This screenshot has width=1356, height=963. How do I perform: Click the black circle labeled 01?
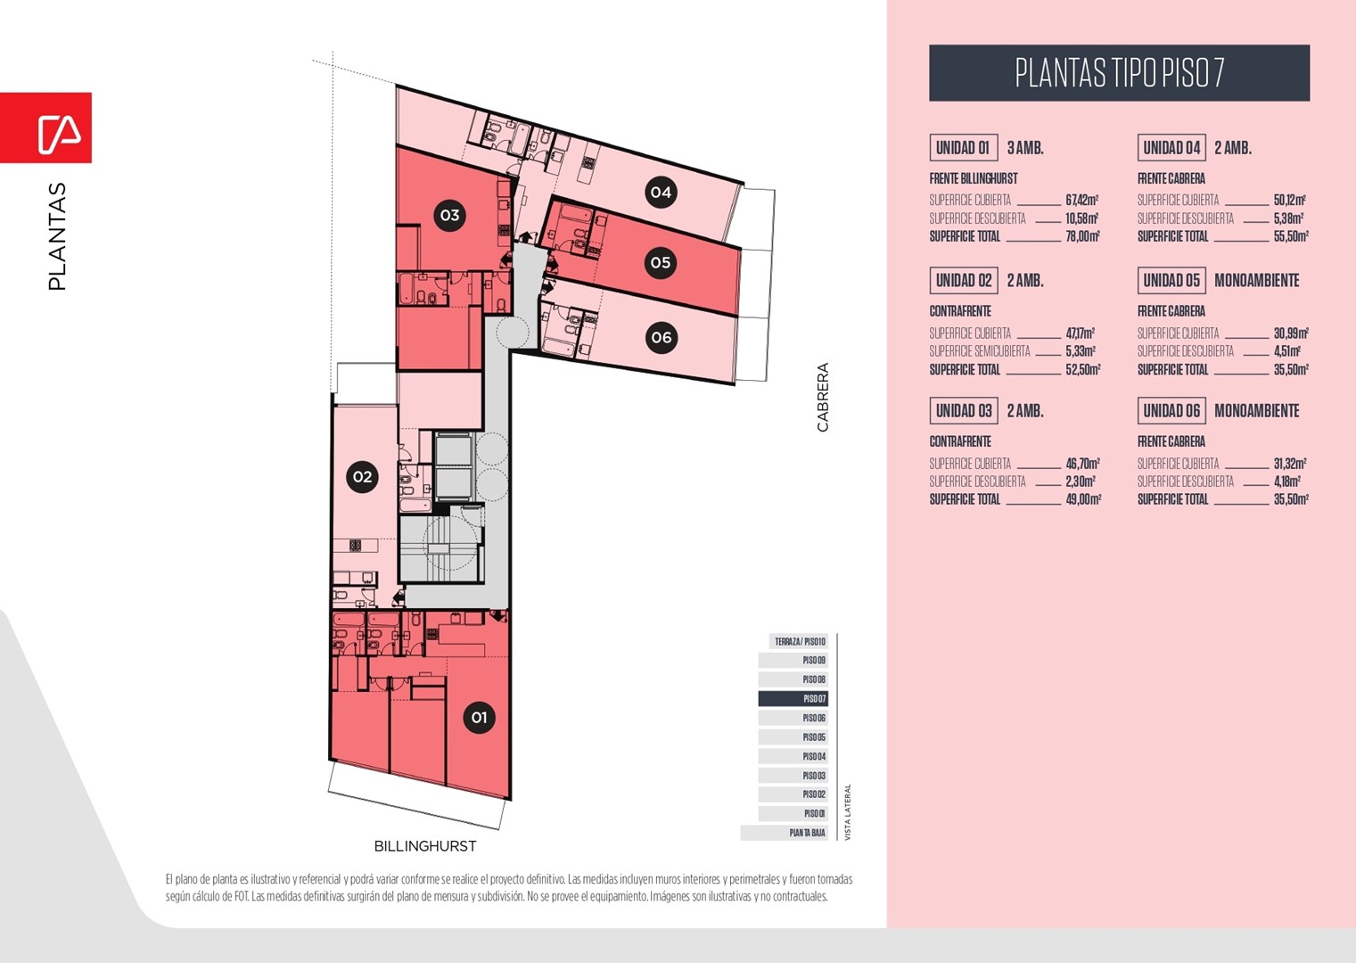pos(479,717)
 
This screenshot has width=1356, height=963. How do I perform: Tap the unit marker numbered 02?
pos(362,476)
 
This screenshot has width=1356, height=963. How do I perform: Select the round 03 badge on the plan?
pos(450,215)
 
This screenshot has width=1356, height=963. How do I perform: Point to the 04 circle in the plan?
pos(661,192)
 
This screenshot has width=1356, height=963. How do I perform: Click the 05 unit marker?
pos(661,262)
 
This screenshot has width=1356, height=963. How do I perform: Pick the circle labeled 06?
pos(661,337)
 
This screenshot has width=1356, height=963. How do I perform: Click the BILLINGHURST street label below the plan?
pos(425,846)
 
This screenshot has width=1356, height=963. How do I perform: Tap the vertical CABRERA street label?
pos(822,397)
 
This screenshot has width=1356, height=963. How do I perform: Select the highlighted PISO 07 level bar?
pos(793,698)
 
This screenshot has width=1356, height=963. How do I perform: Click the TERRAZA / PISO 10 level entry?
pos(799,641)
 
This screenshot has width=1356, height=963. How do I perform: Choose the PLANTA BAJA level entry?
pos(784,833)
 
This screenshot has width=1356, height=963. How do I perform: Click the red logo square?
pos(46,128)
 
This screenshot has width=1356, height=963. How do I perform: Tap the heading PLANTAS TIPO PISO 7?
pos(1120,72)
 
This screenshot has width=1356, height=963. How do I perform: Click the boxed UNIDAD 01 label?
pos(963,148)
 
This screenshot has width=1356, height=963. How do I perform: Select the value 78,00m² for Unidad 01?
pos(1082,236)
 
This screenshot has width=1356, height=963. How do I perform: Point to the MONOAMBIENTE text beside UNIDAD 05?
pos(1257,280)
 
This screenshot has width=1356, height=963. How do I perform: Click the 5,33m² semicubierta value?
pos(1081,351)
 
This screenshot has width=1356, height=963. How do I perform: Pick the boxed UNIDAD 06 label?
pos(1171,411)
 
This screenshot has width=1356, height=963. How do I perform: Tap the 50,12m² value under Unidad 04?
pos(1289,200)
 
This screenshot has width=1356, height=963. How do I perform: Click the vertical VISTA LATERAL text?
pos(848,812)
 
